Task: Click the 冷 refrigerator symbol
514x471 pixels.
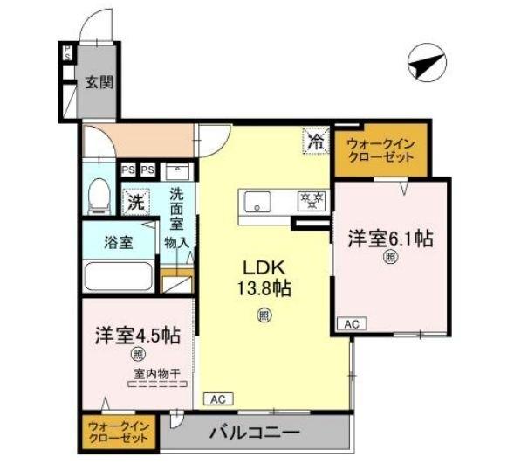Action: click(315, 140)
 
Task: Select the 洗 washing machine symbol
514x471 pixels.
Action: click(136, 201)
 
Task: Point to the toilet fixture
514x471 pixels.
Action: click(99, 196)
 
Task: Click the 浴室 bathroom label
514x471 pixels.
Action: click(119, 242)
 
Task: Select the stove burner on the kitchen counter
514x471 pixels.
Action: click(310, 200)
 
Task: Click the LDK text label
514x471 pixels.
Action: click(261, 267)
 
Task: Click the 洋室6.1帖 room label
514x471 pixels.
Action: click(392, 237)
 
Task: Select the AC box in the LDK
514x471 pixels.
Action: click(219, 398)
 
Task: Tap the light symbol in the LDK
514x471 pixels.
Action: click(263, 316)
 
